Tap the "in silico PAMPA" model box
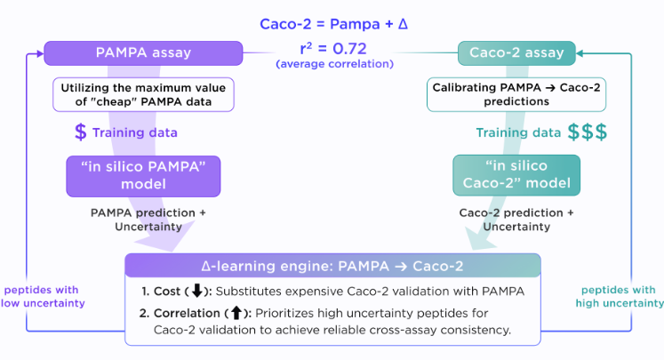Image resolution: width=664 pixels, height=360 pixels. tap(143, 176)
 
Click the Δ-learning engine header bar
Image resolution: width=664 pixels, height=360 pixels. tap(332, 266)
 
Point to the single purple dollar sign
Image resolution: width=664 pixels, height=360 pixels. tap(81, 132)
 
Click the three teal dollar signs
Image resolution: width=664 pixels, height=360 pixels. tap(588, 132)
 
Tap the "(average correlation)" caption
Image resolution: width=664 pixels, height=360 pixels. tap(331, 65)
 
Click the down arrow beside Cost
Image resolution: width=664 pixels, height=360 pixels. tap(198, 291)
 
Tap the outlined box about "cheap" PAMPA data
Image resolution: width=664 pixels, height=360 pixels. tap(143, 96)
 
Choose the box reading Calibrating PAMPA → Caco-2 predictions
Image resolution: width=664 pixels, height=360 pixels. tap(516, 96)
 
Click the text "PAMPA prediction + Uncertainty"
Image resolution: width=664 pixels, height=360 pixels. tap(143, 220)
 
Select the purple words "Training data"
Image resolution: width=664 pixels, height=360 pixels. tap(140, 132)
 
